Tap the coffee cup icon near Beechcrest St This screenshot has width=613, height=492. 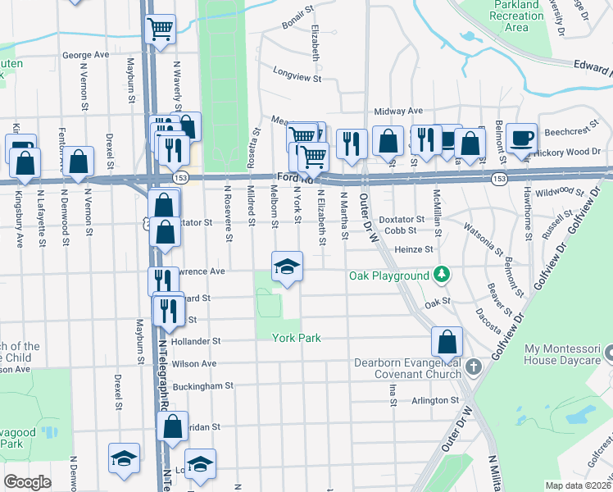(x=520, y=137)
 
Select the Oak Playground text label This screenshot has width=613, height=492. (x=389, y=276)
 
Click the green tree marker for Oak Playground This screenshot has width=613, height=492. (x=442, y=273)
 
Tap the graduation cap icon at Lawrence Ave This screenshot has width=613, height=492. (x=288, y=267)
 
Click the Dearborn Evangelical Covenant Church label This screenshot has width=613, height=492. (x=406, y=369)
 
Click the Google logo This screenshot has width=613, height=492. (x=27, y=482)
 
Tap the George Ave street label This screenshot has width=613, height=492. (x=85, y=55)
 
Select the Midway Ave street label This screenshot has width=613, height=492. (x=397, y=111)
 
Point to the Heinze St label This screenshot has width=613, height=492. (x=413, y=249)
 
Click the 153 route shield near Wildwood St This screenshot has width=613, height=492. (x=498, y=178)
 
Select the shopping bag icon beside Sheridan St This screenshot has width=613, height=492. (x=172, y=426)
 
